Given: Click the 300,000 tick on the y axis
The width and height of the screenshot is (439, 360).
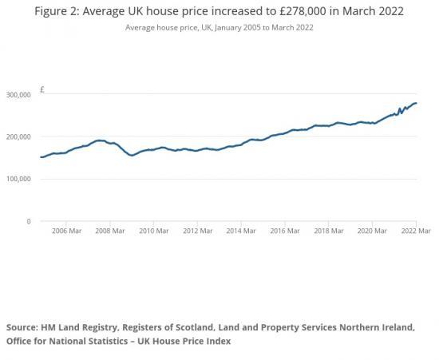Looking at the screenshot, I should tap(18, 95).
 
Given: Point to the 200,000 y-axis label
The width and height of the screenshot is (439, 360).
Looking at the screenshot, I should tap(18, 137).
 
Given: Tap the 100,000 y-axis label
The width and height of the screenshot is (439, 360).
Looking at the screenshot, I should tap(18, 180).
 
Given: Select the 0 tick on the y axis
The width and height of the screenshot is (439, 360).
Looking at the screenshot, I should tap(29, 222).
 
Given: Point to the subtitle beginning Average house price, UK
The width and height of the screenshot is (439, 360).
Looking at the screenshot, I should tap(219, 27).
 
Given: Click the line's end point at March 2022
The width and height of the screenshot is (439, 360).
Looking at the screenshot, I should tap(416, 103).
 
